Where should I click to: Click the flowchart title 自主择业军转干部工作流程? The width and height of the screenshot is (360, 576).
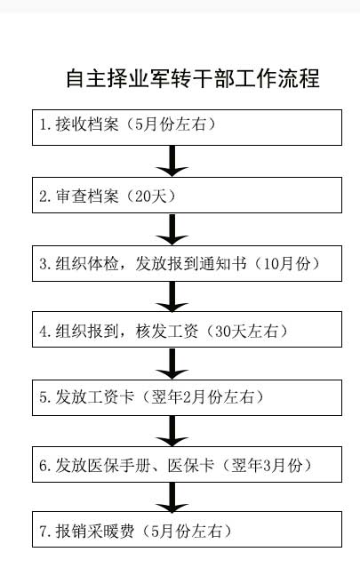click(193, 78)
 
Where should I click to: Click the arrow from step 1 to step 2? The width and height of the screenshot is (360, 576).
click(172, 161)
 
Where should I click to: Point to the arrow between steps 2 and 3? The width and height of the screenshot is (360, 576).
click(172, 229)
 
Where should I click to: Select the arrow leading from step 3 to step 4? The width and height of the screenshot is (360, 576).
click(172, 297)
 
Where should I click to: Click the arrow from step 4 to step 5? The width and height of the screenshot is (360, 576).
click(172, 364)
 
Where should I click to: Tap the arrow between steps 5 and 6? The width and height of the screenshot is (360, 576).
click(172, 431)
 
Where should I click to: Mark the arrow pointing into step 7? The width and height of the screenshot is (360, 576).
click(172, 497)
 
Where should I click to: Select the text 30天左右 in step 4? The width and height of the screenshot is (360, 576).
click(246, 332)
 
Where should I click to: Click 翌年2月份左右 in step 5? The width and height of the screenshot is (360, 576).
click(203, 397)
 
